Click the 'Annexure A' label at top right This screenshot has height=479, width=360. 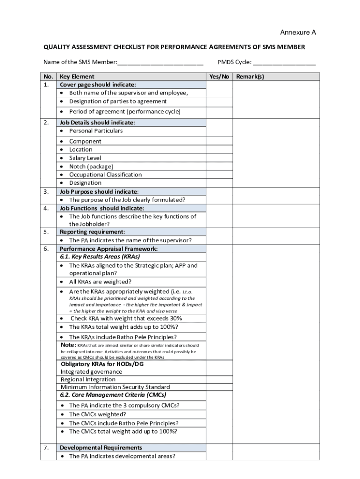click(x=298, y=32)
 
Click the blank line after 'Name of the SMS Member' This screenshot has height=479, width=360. click(x=160, y=62)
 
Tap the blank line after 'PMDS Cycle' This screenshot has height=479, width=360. click(x=284, y=62)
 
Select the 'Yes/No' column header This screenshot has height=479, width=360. click(x=219, y=77)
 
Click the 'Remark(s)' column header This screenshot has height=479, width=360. click(x=250, y=77)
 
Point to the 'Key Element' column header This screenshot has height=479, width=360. click(x=77, y=77)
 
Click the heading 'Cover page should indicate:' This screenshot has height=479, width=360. click(x=98, y=85)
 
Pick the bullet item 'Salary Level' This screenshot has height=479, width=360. click(x=85, y=158)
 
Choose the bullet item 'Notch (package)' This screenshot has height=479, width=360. click(x=91, y=167)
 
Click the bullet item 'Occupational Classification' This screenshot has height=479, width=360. click(x=105, y=174)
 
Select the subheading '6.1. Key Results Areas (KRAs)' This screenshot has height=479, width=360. click(x=100, y=257)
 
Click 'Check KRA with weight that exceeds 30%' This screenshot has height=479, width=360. click(x=126, y=319)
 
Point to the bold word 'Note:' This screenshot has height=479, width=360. click(x=68, y=345)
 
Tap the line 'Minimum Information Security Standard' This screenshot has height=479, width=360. click(x=115, y=387)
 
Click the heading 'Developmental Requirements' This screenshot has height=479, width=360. click(x=101, y=448)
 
